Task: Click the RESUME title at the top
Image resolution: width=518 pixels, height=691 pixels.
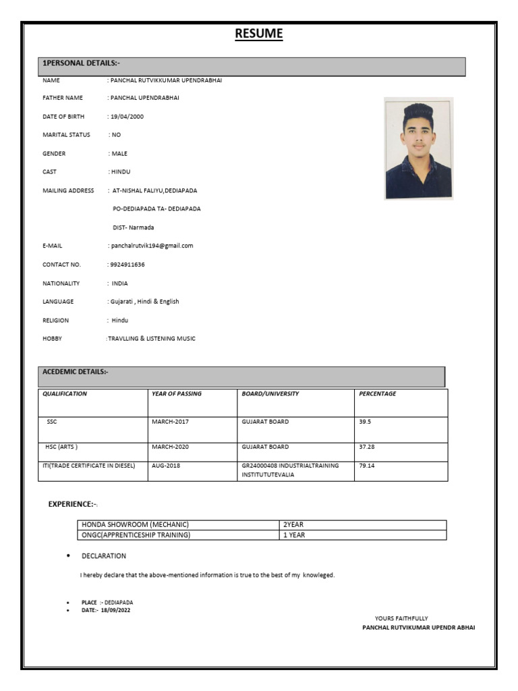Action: (259, 34)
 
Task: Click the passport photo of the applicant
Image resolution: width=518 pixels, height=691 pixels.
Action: (418, 148)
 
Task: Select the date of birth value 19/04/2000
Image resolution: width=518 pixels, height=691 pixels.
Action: (127, 117)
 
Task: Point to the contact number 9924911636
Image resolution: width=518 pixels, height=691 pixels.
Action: (127, 265)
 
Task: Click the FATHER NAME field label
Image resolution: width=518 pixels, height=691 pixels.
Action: (63, 98)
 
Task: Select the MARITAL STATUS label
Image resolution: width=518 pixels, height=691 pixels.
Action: (66, 135)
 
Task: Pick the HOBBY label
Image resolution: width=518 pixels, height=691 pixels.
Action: (52, 339)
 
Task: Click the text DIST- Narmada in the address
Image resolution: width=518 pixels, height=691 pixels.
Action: (133, 227)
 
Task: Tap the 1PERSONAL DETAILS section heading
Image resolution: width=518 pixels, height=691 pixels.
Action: (81, 63)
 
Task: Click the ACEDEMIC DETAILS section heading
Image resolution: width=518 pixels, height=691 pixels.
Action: (76, 372)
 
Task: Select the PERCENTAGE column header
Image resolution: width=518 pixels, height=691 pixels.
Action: (378, 393)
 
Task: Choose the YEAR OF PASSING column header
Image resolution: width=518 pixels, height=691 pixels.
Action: (177, 393)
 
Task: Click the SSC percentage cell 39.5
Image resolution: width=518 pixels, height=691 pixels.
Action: (366, 422)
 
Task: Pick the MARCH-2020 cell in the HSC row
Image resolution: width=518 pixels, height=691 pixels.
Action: (173, 447)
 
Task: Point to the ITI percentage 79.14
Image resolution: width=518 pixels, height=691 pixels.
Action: (367, 466)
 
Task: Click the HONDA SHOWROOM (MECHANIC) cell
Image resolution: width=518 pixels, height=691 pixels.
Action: (135, 525)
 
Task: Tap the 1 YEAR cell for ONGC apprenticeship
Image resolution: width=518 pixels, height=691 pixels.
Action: (294, 535)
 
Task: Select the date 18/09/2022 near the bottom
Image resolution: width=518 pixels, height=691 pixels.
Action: (115, 610)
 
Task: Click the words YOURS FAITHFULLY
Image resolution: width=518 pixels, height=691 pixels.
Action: (401, 618)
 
